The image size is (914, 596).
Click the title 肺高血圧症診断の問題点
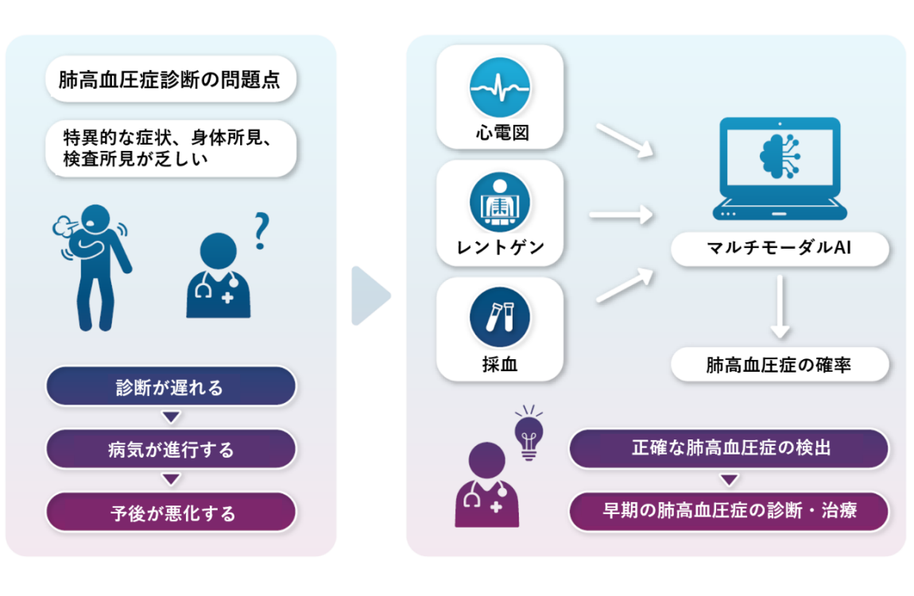click(169, 79)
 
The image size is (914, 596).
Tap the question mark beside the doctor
click(261, 231)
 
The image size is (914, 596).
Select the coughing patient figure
click(93, 268)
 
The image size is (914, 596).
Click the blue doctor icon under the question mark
click(218, 276)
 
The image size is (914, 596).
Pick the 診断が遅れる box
click(171, 386)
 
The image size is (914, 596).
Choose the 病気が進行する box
click(171, 449)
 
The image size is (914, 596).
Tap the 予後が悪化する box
click(171, 512)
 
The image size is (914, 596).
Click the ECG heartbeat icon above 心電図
click(500, 87)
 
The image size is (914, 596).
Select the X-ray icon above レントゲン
click(500, 202)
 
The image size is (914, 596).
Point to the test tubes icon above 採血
click(500, 317)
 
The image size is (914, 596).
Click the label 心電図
click(502, 133)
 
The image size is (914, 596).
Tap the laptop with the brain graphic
click(780, 168)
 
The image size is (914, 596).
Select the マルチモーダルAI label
click(780, 249)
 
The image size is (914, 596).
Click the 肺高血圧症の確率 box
click(780, 365)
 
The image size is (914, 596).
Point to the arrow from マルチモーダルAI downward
click(780, 307)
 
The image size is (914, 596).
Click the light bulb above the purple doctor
click(529, 433)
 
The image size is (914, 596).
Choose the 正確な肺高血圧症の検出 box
click(729, 448)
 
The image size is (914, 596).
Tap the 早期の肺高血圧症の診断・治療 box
click(729, 511)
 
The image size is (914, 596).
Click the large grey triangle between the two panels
click(370, 296)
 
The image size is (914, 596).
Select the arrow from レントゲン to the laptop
click(621, 215)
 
